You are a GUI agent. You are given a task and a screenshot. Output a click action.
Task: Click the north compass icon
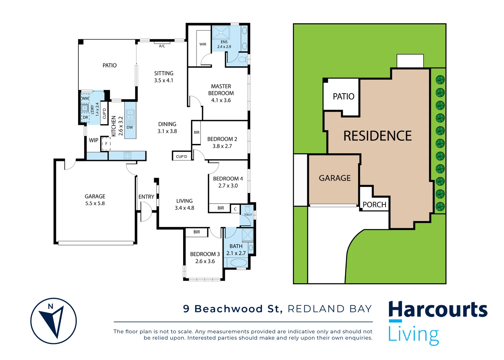point(53,321)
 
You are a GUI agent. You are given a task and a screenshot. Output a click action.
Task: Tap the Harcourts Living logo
point(437,322)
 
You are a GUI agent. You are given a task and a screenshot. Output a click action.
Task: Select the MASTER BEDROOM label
point(221,93)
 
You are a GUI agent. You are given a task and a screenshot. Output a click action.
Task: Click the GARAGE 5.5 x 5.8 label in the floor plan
point(95,200)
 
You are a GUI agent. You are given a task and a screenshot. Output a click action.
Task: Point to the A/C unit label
point(162,46)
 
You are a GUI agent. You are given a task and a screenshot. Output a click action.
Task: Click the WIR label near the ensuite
point(203,44)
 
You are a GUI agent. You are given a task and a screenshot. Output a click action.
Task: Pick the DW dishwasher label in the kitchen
point(130,127)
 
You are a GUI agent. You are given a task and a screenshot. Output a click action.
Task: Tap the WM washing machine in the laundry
point(85,98)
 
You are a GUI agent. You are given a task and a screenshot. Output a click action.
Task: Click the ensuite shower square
point(221,33)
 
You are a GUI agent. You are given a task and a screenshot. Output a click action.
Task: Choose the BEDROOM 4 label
point(228,182)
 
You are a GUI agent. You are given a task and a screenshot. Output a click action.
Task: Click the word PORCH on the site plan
point(374,205)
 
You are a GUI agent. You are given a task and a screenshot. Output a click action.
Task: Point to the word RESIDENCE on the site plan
point(377,136)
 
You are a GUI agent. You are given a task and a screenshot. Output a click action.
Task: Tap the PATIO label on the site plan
point(343,97)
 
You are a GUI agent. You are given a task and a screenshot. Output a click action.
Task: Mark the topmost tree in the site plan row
point(440,80)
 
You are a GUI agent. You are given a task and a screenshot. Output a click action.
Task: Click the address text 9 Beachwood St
point(232,309)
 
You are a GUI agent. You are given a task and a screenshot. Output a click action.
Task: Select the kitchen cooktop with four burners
point(127,156)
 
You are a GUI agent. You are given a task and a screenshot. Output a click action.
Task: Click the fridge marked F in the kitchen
point(106,144)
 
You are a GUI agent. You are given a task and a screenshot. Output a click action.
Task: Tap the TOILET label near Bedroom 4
point(248,214)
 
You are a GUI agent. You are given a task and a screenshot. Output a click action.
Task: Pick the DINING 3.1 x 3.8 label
point(167,128)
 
